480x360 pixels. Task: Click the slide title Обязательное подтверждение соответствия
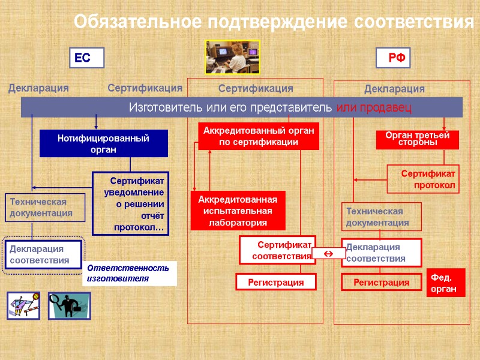tap(274, 22)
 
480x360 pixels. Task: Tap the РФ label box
tap(394, 58)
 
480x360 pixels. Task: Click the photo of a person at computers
tap(232, 57)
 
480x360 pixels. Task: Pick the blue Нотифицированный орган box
tap(103, 144)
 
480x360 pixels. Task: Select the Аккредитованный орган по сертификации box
tap(259, 136)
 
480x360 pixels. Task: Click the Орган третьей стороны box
tap(418, 140)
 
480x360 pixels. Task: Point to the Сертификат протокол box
tap(423, 179)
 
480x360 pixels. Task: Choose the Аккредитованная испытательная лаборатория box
tap(238, 211)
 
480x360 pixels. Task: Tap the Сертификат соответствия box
tap(276, 250)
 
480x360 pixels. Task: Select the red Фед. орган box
tap(446, 283)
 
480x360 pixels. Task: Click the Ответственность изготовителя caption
tap(129, 273)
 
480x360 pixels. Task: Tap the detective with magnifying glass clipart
tap(69, 305)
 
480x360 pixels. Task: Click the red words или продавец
tap(374, 107)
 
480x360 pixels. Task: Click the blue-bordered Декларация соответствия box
tap(43, 255)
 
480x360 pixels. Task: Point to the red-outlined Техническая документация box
tap(382, 217)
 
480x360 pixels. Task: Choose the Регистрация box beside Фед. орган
tap(382, 282)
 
